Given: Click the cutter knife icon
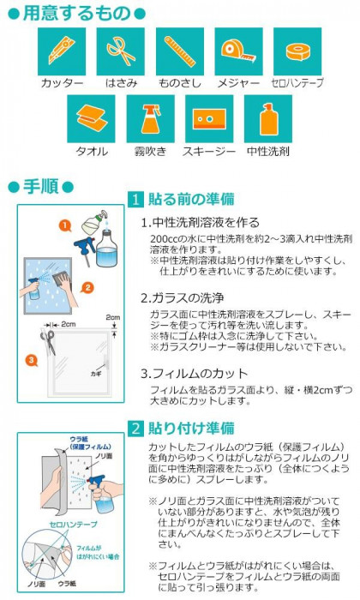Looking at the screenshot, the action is pos(62,51).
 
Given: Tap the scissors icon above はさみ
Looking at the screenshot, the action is pos(121,51).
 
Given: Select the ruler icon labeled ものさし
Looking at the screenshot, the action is pos(180,51).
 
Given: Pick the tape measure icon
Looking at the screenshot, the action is pos(239,51).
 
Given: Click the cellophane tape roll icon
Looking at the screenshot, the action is pos(297,51).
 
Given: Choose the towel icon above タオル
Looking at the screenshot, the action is pos(91,119).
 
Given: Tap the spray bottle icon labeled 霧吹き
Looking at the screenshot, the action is pos(150,119).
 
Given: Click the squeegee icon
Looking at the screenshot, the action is pos(209,119).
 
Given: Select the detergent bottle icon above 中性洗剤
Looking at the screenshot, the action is pos(268,119).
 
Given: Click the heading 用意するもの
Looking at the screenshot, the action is pos(77,13).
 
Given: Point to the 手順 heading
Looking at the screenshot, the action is pos(40,187).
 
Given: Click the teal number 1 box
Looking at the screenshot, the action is pos(135,200).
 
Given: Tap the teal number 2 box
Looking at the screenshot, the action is pos(135,429).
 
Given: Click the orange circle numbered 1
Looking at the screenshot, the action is pos(65,225).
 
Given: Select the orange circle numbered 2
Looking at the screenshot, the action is pos(87,287).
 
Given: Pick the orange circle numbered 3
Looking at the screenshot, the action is pos(32,360).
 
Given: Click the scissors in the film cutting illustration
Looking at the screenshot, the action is pos(48,341).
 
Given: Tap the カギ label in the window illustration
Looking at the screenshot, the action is pos(96,374).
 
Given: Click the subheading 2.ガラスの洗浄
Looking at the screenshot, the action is pos(182,298).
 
